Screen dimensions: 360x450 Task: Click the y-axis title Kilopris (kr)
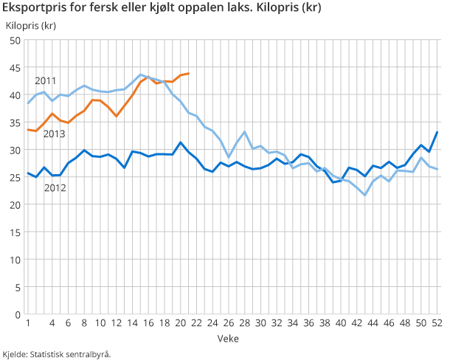pos(30,26)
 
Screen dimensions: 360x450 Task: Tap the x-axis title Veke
pos(227,337)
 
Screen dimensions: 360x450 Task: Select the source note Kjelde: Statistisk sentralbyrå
pos(57,354)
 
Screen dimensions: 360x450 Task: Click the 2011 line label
pos(46,80)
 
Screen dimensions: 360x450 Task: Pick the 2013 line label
pos(54,134)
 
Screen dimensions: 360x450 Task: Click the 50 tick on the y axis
pos(15,40)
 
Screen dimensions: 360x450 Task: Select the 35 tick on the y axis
pos(15,122)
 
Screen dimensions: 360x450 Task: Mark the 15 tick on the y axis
pos(15,232)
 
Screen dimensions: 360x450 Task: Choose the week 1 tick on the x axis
pos(28,323)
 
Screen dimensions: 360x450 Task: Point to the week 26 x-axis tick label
pos(229,323)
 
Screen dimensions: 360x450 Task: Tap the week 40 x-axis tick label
pos(342,323)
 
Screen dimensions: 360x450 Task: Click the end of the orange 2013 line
pos(189,73)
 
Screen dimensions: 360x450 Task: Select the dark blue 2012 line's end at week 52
pos(438,132)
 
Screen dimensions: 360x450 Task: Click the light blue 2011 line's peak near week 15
pos(141,75)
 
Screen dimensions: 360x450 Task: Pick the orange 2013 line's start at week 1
pos(28,130)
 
